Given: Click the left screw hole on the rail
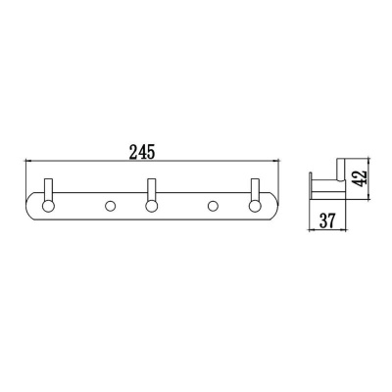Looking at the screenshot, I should click(x=109, y=206).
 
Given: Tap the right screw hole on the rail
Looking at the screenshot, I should click(x=211, y=206).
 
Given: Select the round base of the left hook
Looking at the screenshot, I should click(x=47, y=206).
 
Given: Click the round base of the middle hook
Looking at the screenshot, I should click(x=151, y=206).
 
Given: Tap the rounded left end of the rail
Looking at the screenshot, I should click(x=28, y=206).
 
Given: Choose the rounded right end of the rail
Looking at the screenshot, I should click(x=276, y=206).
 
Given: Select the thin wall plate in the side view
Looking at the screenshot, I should click(x=310, y=185).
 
